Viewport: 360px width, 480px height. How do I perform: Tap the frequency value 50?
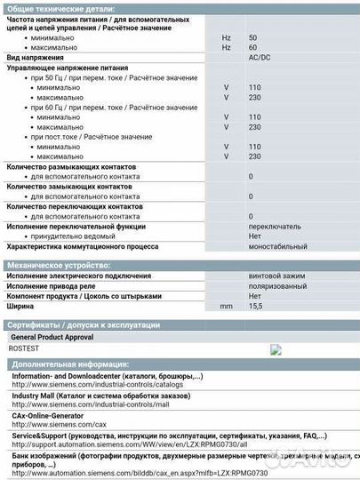click(x=252, y=37)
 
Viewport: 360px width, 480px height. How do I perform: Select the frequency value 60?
click(x=252, y=47)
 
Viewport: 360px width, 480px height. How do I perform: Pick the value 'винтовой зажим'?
click(x=276, y=276)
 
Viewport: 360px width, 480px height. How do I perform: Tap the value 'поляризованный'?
click(x=278, y=285)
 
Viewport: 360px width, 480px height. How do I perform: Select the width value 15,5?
click(x=256, y=305)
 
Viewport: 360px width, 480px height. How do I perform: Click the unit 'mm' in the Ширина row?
click(x=225, y=305)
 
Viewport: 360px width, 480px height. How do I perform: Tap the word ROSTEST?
click(x=28, y=349)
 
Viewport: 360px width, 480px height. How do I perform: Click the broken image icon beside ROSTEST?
click(x=276, y=349)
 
